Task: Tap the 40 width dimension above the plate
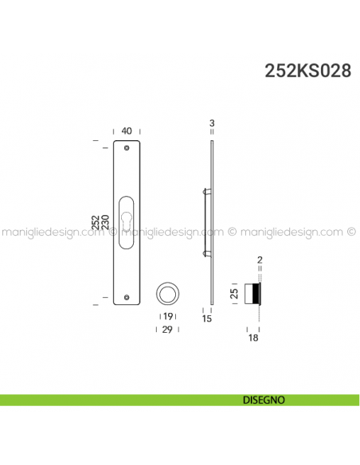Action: (x=127, y=131)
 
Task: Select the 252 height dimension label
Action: (x=96, y=224)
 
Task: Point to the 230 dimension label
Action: (x=105, y=224)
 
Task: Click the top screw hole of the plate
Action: (x=127, y=148)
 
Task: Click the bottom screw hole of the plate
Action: (x=127, y=299)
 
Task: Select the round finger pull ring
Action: (x=168, y=293)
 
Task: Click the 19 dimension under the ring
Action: (x=168, y=317)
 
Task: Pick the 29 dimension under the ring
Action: (x=168, y=328)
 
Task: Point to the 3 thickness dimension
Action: (x=212, y=123)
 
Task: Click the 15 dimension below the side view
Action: (x=205, y=319)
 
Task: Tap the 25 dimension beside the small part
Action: (x=233, y=293)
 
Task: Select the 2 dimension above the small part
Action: (x=260, y=260)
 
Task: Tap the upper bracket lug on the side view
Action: (x=207, y=191)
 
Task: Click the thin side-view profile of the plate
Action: (x=212, y=223)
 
